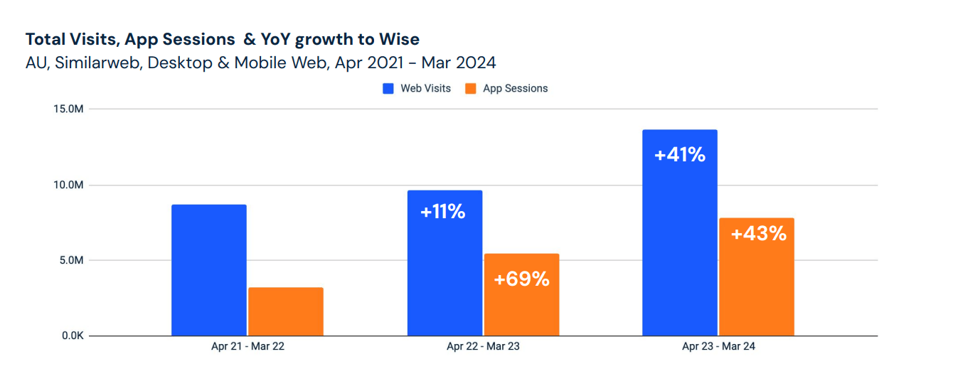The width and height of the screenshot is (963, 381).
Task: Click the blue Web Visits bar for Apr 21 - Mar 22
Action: pos(209,270)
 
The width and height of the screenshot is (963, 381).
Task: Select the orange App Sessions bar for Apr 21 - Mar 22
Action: pos(285,311)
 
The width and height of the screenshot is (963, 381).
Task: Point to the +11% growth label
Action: pos(442,211)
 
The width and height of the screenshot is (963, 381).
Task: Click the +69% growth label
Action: pos(521,279)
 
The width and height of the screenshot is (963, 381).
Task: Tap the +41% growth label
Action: pos(680,154)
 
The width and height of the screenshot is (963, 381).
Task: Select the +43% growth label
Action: pos(758,233)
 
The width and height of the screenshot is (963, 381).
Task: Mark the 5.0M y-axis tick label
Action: pos(72,260)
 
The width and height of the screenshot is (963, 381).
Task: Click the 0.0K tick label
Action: pos(72,336)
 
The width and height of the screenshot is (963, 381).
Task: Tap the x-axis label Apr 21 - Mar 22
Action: pos(248,347)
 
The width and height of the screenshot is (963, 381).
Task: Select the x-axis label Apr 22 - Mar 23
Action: pos(483,347)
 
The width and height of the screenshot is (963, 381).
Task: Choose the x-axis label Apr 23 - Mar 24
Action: pos(718,347)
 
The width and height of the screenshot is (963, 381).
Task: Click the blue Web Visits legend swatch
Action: pos(388,89)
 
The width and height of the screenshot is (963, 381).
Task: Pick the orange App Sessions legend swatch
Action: pos(470,89)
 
